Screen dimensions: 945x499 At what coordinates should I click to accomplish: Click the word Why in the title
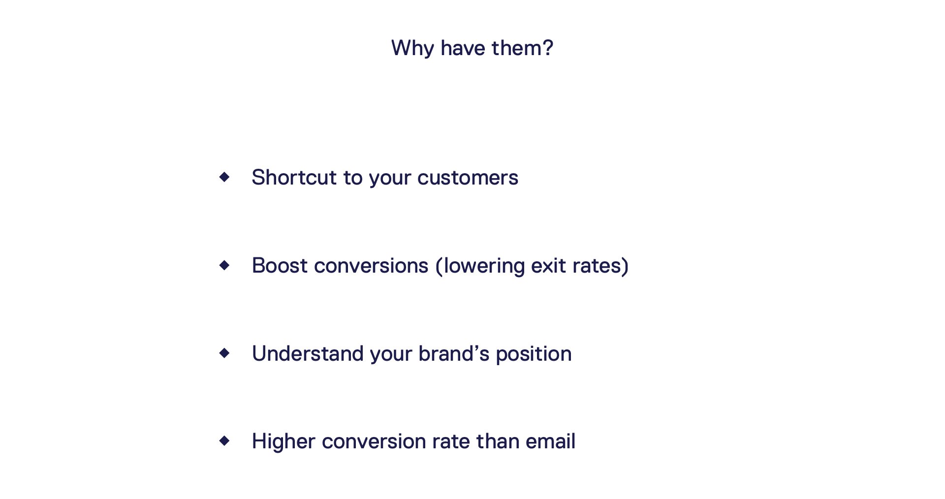[412, 49]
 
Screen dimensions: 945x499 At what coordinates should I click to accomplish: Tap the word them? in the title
[522, 48]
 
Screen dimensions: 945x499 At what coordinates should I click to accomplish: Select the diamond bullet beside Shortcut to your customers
[224, 177]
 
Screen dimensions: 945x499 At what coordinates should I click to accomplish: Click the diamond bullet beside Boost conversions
[224, 265]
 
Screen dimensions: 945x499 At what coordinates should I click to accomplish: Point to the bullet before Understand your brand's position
[224, 353]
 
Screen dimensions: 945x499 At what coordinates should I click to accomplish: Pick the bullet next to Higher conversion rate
[224, 440]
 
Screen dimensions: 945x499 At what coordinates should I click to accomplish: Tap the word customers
[468, 178]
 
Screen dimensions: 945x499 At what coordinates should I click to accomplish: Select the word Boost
[280, 266]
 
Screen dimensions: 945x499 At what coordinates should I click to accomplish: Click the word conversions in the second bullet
[371, 266]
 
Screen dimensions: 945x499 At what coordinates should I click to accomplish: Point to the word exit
[548, 266]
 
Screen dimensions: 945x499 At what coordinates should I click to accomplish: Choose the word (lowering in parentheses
[480, 266]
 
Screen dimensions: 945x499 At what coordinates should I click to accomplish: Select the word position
[534, 354]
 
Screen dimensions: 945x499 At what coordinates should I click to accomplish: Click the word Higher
[283, 441]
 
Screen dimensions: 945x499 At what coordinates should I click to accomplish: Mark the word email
[550, 441]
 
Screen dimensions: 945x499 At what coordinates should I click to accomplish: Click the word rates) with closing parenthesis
[600, 266]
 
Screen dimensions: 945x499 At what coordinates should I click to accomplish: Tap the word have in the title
[463, 48]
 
